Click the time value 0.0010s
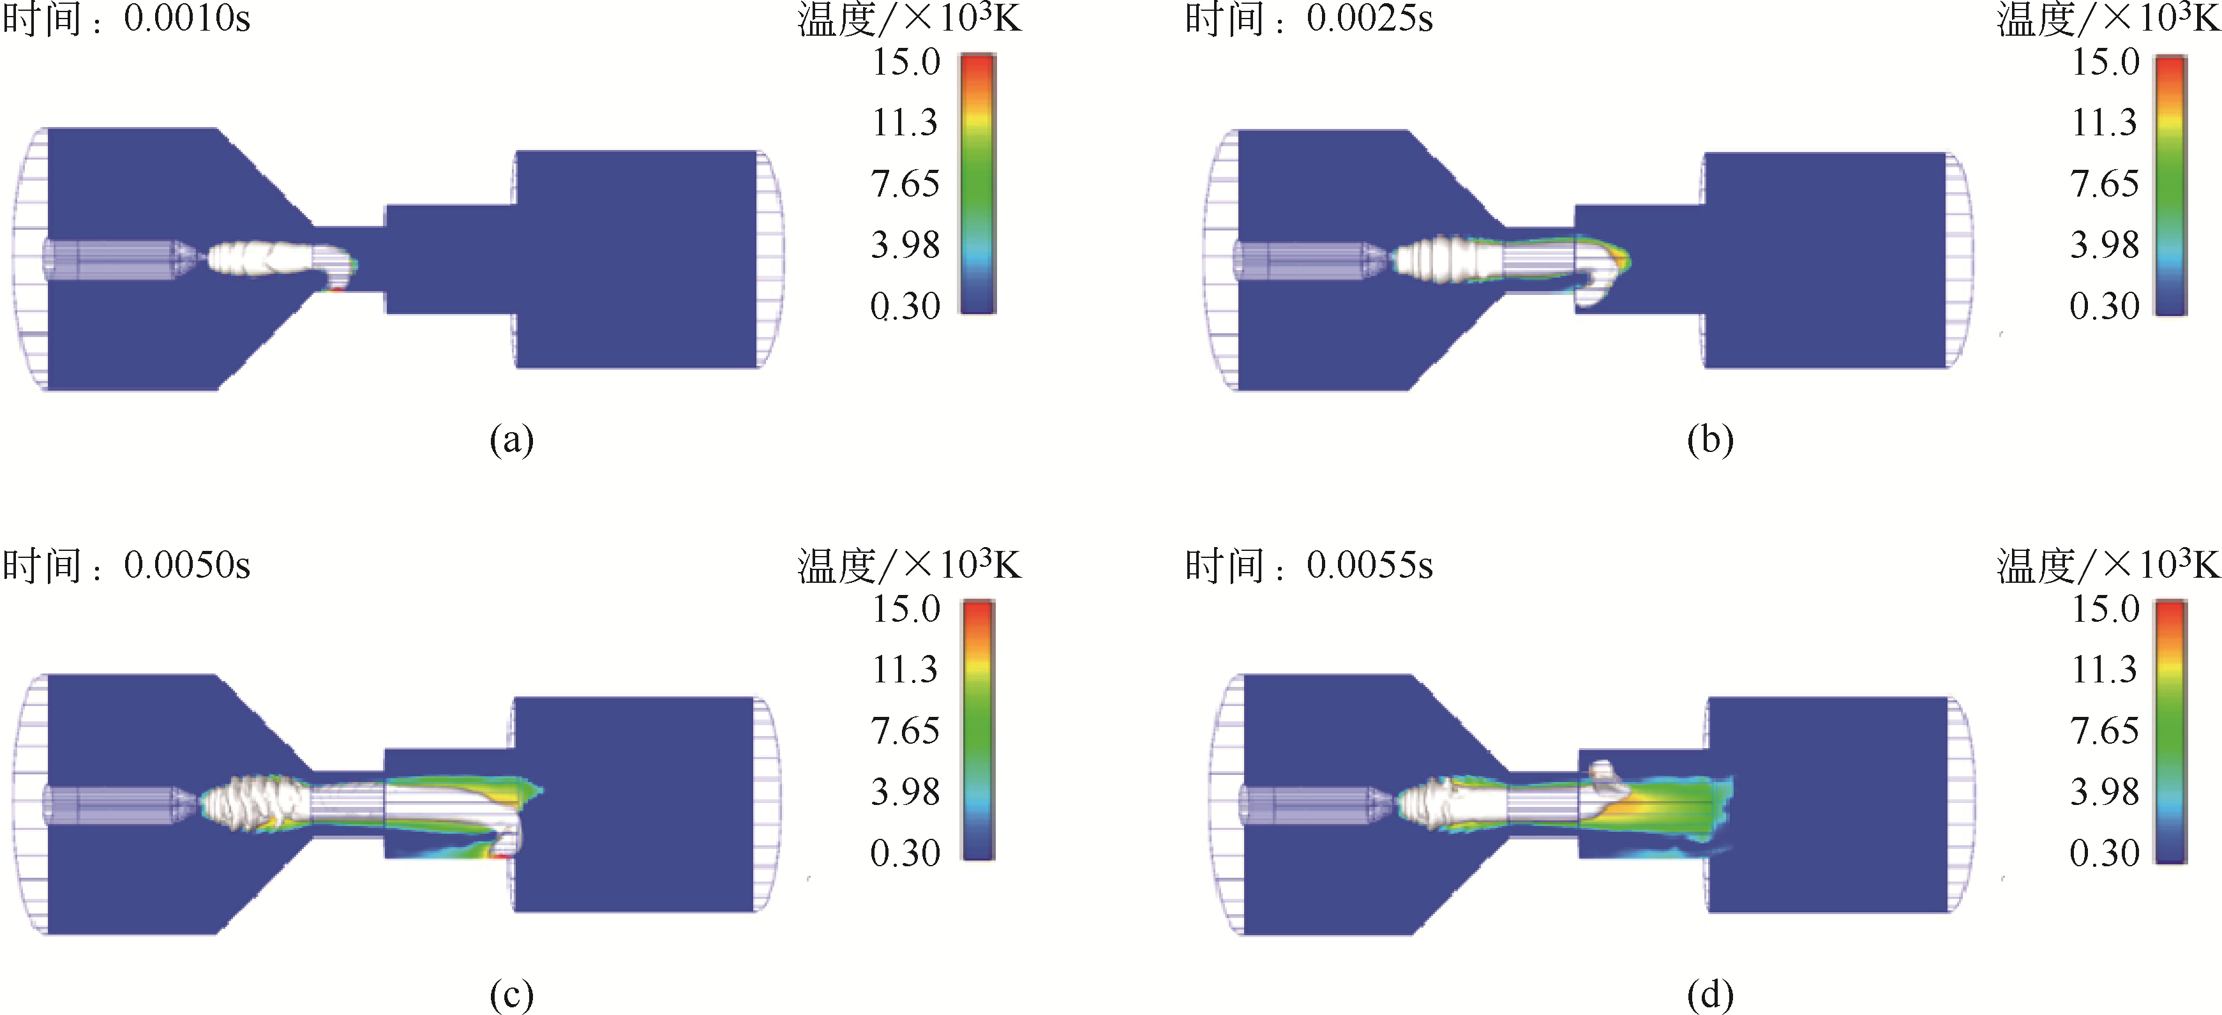point(187,19)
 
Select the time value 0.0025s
point(1370,19)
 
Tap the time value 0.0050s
point(187,566)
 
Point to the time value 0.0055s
point(1370,566)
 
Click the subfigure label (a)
point(511,440)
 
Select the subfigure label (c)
point(511,995)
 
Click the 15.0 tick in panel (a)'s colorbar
point(906,62)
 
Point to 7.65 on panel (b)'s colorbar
point(2105,184)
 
